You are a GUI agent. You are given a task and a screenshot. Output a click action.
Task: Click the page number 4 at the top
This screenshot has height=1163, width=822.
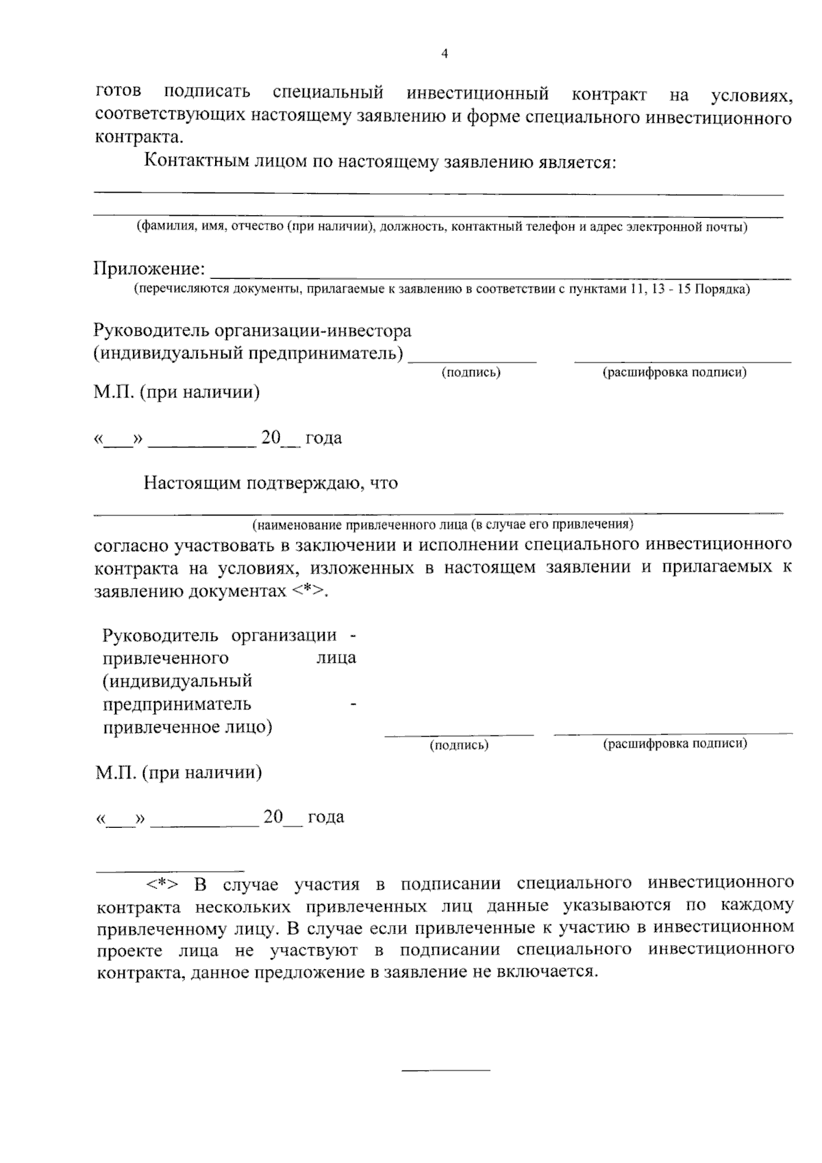445,54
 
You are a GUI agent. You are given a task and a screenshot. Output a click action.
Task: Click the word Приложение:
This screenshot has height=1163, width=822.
149,269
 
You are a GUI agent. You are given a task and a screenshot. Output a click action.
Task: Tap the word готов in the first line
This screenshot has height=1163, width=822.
119,92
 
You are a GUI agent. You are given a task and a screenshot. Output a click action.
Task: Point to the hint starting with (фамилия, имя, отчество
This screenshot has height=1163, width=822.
441,226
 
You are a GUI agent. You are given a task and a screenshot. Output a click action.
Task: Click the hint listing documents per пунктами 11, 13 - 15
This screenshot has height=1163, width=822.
441,289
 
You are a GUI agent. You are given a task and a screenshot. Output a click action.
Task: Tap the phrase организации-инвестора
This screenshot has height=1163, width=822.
313,330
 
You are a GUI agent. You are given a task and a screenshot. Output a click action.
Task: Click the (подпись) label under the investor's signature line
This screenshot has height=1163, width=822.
471,372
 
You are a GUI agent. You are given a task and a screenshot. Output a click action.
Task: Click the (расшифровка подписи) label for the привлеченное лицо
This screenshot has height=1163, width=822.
675,744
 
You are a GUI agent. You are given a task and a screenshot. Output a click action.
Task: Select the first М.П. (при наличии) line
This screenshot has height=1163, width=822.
177,393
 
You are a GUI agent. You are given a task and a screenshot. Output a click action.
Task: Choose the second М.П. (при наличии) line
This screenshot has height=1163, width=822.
179,773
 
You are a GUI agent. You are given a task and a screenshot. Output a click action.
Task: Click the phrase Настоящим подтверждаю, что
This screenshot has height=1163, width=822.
271,483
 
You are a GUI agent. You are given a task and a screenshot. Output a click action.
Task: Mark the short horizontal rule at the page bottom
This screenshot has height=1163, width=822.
445,1070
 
